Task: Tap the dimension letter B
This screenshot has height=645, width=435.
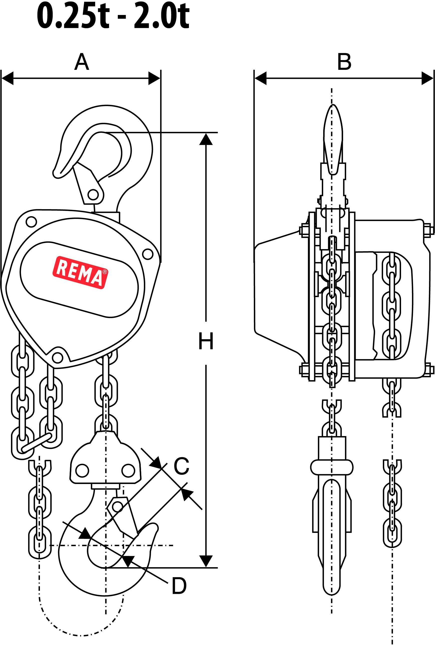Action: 344,62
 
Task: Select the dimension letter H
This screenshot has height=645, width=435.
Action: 206,341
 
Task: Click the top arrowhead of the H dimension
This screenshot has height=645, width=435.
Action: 206,139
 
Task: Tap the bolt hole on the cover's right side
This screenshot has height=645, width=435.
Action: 147,253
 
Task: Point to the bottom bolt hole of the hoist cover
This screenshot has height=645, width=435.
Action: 57,358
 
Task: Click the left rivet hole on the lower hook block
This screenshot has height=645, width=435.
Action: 82,471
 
